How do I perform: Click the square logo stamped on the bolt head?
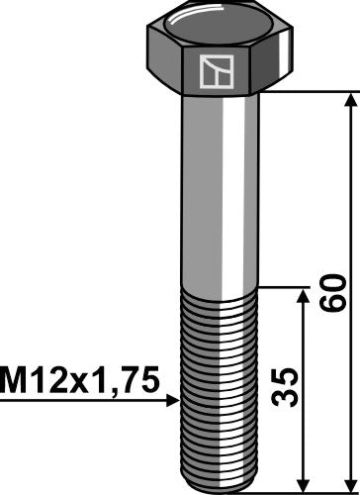tap(214, 70)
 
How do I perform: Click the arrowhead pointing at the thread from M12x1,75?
tap(172, 401)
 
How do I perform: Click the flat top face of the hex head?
tap(221, 19)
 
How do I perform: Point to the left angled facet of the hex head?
tap(164, 64)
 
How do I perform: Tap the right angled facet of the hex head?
tap(288, 64)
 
